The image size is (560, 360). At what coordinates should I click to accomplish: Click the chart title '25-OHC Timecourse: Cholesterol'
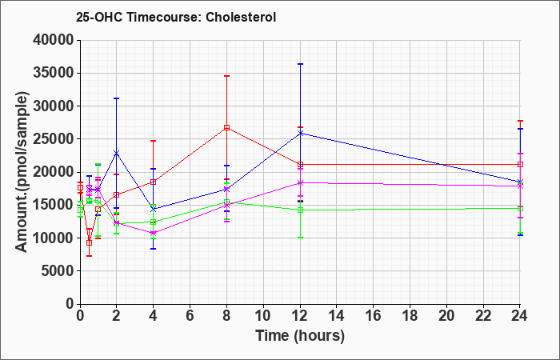tap(176, 17)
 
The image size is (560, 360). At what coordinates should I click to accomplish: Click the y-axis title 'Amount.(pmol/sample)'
tap(22, 172)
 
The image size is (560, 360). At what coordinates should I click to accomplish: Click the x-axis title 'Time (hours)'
tap(300, 336)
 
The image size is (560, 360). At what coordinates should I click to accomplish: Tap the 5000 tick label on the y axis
tap(58, 270)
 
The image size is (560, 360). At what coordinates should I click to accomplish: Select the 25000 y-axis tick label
tap(54, 139)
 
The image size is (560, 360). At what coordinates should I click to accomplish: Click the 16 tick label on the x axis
tap(374, 316)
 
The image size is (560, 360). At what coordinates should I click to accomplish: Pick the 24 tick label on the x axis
tap(520, 316)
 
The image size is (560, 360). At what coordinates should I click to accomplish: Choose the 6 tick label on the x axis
tap(190, 316)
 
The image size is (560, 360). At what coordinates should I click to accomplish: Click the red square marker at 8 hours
tap(226, 127)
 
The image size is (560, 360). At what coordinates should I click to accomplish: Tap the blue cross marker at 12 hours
tap(300, 134)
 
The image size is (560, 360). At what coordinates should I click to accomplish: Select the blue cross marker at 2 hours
tap(116, 154)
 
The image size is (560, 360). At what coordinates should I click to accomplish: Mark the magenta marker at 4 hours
tap(153, 233)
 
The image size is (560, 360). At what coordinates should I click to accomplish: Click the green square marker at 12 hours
tap(300, 210)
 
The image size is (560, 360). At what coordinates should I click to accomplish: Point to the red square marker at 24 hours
tap(520, 164)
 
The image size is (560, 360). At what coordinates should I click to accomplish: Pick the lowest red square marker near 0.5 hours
tap(89, 243)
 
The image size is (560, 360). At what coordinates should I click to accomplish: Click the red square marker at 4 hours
tap(153, 182)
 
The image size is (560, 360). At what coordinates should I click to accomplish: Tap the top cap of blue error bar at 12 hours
tap(300, 64)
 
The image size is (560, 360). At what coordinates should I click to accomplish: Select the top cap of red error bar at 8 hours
tap(226, 76)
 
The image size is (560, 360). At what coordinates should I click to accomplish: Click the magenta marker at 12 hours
tap(300, 183)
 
